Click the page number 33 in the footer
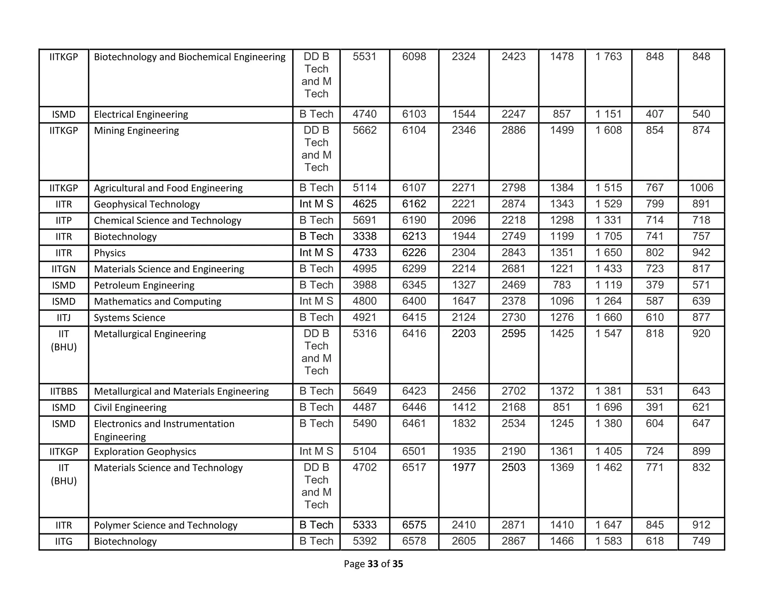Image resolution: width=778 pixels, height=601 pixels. coord(373,564)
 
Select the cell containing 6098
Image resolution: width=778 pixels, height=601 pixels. coord(414,57)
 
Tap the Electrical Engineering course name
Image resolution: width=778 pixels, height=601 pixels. coord(141,114)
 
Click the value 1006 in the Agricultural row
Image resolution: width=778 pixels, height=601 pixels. coord(701,188)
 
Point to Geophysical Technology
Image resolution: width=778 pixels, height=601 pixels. coord(147,204)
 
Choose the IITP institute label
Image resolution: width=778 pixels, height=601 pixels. coord(63,220)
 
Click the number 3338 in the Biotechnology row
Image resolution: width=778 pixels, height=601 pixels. coord(364,236)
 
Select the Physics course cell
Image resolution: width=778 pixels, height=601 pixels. coord(110,253)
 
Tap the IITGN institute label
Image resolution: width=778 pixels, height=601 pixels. coord(63,269)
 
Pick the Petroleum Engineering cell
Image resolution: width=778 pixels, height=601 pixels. coord(144,285)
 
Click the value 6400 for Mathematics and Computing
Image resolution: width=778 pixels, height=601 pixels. coord(414,301)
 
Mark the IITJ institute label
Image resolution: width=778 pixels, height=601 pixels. coord(63,318)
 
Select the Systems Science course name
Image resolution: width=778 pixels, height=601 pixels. coord(130,318)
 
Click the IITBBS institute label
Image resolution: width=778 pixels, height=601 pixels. coord(63,391)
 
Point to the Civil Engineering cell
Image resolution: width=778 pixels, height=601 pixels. coord(130,408)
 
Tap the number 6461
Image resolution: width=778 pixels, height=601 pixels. coord(414,423)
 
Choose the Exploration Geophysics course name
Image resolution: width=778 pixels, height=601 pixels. coord(145,451)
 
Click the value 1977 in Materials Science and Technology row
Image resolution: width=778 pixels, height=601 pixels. coord(464,467)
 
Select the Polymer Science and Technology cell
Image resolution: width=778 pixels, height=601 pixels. coord(166,525)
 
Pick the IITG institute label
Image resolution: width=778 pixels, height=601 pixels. coord(63,541)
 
